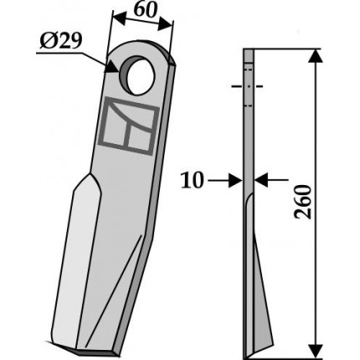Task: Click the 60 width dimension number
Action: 144,11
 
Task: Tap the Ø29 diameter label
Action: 61,41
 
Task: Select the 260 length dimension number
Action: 302,202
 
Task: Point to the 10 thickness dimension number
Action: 192,181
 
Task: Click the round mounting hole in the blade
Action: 138,75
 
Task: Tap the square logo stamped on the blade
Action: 128,126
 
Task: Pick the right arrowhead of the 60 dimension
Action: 165,25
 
